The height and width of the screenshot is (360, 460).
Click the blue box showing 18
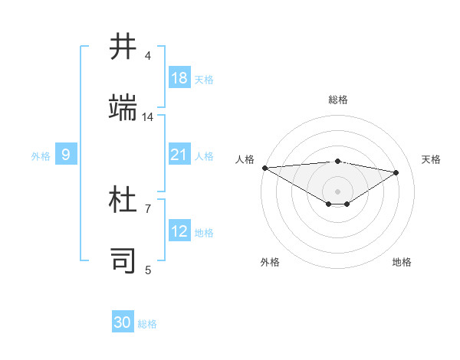(x=179, y=78)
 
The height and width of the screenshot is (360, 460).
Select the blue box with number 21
(x=179, y=155)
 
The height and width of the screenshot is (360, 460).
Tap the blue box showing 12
(x=179, y=232)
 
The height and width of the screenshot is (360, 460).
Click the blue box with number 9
(x=66, y=155)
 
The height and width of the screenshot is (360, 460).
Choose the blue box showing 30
(x=123, y=323)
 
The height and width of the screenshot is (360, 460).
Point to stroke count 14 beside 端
(x=148, y=116)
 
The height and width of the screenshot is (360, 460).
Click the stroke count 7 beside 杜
(x=148, y=208)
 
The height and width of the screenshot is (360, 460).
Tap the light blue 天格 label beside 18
(x=203, y=79)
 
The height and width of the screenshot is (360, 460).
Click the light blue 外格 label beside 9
(x=41, y=156)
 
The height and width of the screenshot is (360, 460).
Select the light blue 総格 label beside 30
(x=147, y=324)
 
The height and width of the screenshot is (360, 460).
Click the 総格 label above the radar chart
(x=338, y=100)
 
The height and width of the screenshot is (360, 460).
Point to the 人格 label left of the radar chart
(x=244, y=159)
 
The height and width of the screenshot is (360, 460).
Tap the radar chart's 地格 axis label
(x=402, y=262)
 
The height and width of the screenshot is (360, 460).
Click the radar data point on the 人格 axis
(x=264, y=168)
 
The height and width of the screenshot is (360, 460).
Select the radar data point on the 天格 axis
(x=396, y=172)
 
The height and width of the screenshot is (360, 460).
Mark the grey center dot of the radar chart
(x=337, y=191)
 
